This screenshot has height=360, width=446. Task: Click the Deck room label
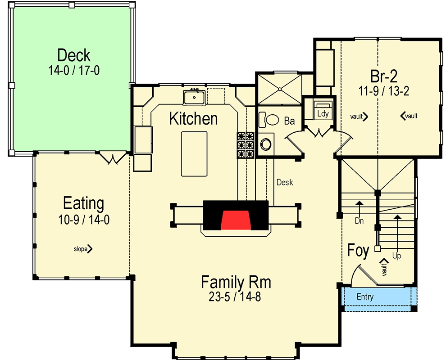pos(74,55)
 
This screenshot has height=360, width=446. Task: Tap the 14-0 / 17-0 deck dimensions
pos(74,70)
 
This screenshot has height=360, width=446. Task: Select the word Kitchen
pos(193,119)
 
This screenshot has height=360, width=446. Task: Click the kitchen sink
pos(194,97)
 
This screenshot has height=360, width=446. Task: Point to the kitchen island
pos(194,153)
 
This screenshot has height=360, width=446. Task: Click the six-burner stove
pos(246,145)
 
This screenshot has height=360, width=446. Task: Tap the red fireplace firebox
pos(236,219)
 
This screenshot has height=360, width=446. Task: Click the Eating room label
pos(83,203)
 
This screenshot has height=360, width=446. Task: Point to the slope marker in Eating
pos(83,248)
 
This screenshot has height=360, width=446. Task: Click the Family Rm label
pos(236,282)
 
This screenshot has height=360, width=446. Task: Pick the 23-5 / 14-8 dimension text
pos(236,297)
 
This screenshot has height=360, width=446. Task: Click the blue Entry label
pos(365,297)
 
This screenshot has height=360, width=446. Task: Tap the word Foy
pos(359,251)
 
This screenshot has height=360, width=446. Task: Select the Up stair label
pos(396,256)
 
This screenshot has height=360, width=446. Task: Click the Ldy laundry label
pos(323,113)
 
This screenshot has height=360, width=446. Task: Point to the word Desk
pos(285,182)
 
